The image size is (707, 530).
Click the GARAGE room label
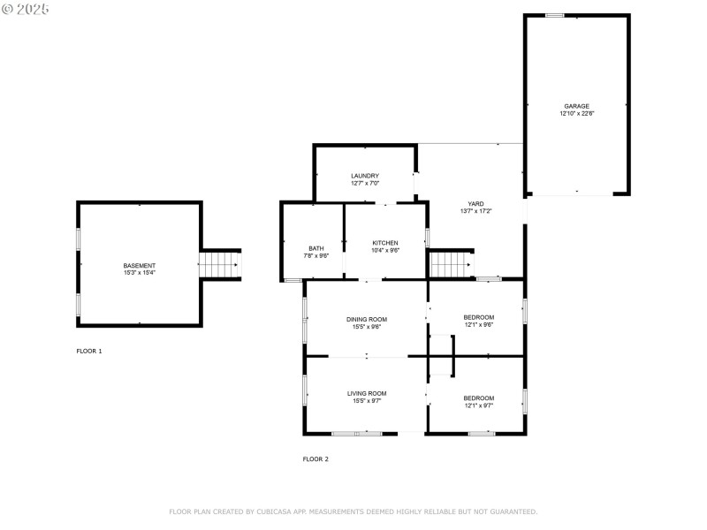coord(576,106)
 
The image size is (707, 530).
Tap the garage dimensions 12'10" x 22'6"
coord(576,114)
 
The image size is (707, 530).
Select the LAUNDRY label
coord(364,176)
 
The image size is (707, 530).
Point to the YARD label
coord(475,203)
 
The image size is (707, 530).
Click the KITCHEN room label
coord(384,243)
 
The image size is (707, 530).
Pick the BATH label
coord(315,248)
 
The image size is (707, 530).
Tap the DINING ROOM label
coord(366,319)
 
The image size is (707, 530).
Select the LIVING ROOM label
coord(366,393)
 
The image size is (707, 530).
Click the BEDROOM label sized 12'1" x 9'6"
coord(478,317)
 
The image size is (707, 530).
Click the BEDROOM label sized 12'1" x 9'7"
coord(478,397)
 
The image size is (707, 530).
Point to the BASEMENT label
coord(139,265)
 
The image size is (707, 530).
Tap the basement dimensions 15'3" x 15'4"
coord(139,273)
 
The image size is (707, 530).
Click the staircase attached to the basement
coord(220,264)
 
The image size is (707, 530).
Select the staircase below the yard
coord(450,263)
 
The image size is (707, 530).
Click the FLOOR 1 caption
coord(88,351)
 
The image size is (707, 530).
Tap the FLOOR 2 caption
coord(315,458)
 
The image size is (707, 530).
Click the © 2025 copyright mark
coord(26,9)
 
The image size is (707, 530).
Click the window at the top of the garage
coord(554,15)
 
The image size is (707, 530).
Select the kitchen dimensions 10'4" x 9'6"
coord(384,251)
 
